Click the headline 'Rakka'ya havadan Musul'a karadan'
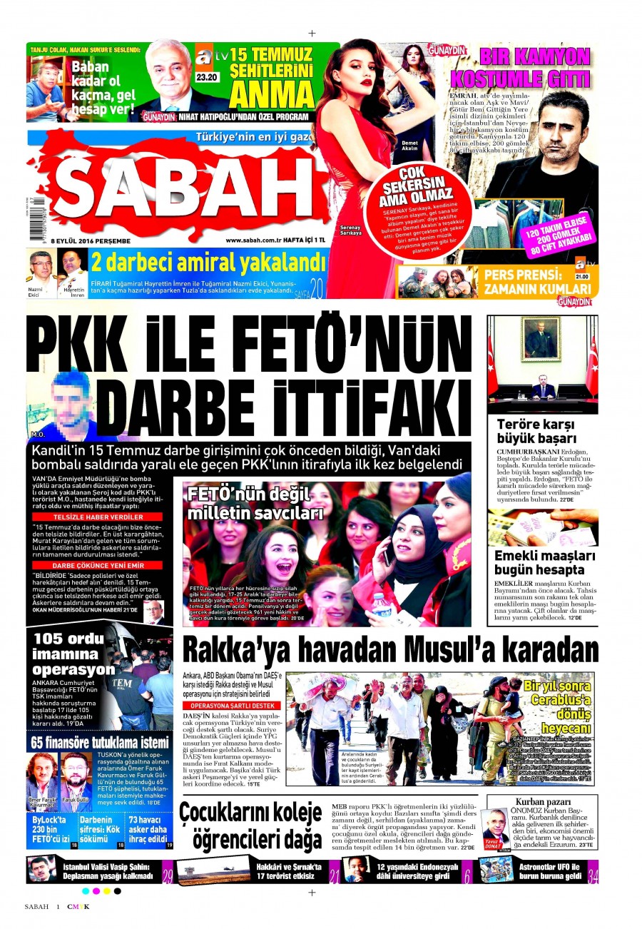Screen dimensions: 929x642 point(390,650)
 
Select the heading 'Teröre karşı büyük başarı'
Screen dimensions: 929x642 point(536,432)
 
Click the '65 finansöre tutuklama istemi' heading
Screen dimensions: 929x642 point(100,742)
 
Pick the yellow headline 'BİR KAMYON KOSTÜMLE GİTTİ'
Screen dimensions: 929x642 point(534,66)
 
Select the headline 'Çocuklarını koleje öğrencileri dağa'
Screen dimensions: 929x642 point(250,823)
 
